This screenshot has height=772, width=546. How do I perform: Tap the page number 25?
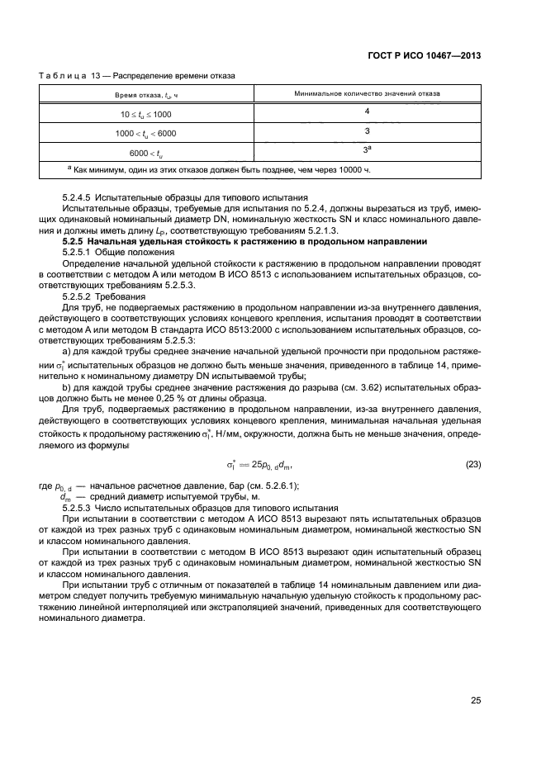(x=475, y=700)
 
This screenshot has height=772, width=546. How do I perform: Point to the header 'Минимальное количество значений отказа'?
(x=367, y=94)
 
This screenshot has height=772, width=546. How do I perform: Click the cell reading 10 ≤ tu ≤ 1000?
(x=146, y=113)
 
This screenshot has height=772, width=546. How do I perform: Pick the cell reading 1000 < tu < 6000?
(x=146, y=132)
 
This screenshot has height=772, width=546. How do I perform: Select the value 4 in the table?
(x=367, y=111)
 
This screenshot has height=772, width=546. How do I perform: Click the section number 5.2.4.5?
(x=81, y=199)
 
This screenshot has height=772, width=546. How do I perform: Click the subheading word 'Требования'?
(x=124, y=295)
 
